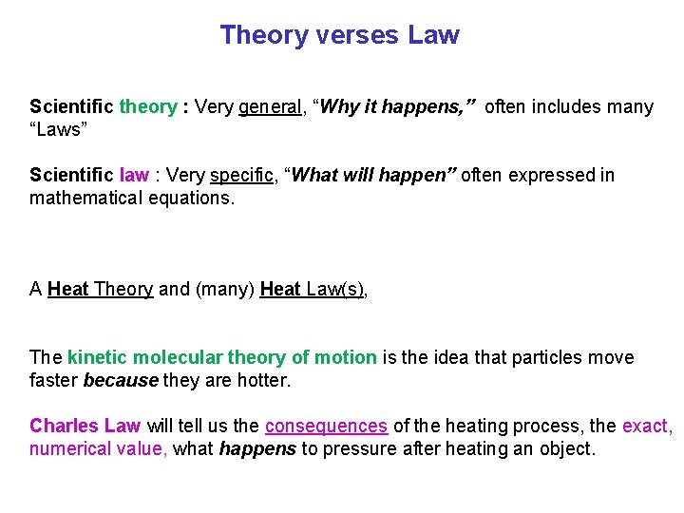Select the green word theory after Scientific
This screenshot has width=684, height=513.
(147, 106)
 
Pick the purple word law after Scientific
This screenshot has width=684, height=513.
(134, 175)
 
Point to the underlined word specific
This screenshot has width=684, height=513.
(242, 175)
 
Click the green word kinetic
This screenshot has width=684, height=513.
(98, 357)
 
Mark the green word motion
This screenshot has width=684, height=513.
(345, 357)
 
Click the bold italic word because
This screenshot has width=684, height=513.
(121, 380)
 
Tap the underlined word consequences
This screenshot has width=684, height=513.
(326, 426)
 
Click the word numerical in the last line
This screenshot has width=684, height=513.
(67, 448)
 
